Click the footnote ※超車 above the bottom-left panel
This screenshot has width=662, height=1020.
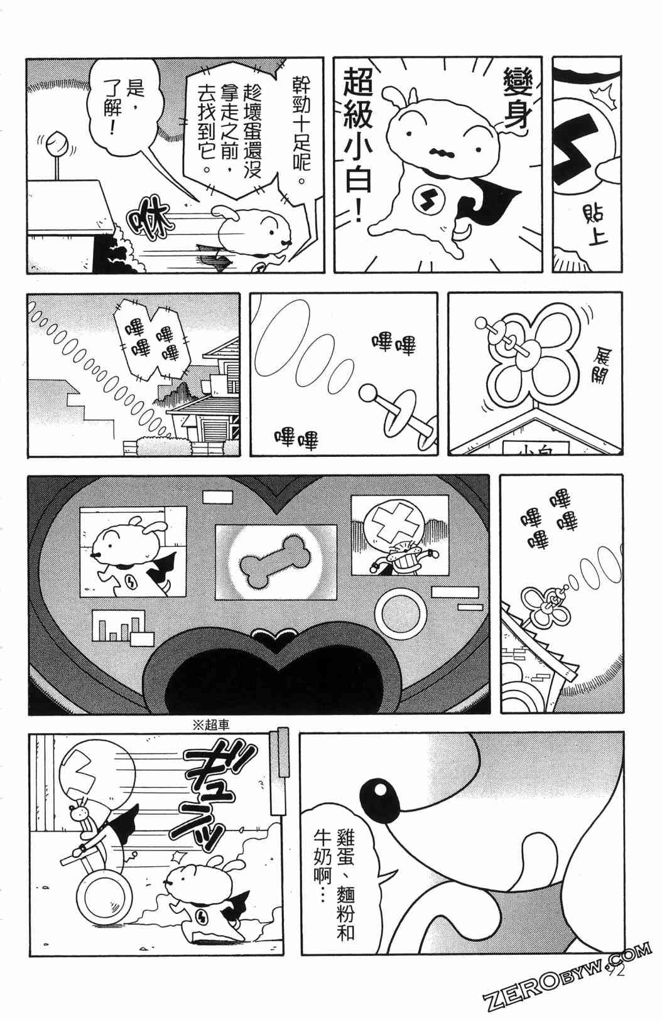tap(210, 725)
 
